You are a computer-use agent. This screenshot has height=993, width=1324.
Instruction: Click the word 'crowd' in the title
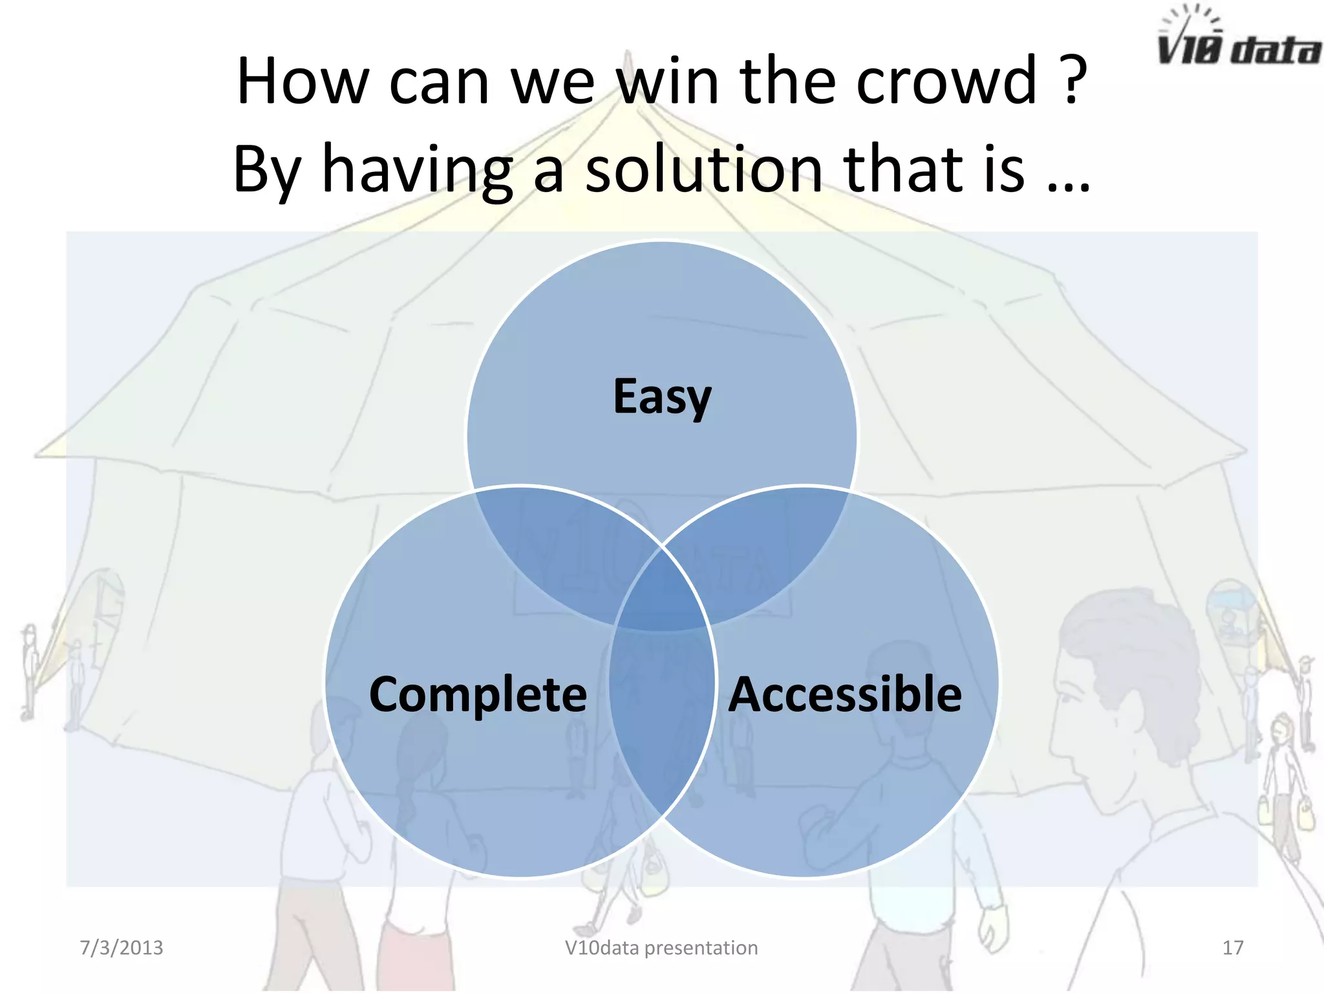point(946,82)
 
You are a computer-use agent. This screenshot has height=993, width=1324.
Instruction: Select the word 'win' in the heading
point(667,82)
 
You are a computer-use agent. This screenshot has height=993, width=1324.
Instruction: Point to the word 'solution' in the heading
point(705,170)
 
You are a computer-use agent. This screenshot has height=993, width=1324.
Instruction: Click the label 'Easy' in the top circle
point(662,396)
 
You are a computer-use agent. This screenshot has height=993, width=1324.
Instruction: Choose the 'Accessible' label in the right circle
point(845,694)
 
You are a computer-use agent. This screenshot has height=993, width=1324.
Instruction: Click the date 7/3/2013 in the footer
point(122,948)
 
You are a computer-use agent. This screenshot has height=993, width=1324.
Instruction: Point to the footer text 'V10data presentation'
point(661,948)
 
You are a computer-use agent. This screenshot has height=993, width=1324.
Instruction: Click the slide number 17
point(1233,948)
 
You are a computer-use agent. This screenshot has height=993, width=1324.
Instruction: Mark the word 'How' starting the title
point(303,82)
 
